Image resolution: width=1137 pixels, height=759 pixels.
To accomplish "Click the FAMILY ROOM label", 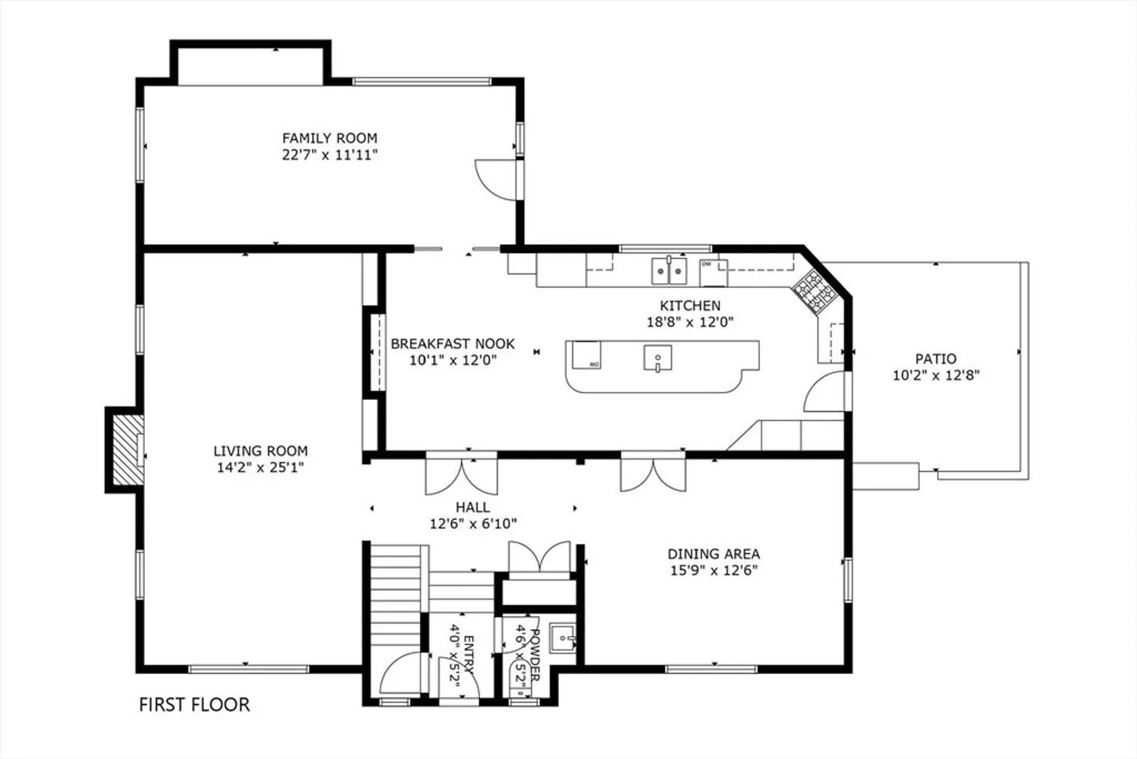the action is pos(329,138).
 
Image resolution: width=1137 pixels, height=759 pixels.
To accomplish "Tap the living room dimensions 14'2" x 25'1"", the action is pos(260,467).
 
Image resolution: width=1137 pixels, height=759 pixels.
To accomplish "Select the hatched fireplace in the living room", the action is pos(127,450).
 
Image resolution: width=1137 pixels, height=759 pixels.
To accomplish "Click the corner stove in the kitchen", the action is pos(815,291).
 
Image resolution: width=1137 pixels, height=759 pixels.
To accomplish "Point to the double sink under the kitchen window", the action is pos(669,271).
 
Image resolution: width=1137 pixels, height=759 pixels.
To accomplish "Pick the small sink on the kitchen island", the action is pos(658,358).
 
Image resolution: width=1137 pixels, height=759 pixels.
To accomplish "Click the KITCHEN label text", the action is pos(690,306).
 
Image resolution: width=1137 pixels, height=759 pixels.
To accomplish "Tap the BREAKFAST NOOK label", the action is pos(453,344).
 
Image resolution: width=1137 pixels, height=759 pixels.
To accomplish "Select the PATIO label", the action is pos(936,358).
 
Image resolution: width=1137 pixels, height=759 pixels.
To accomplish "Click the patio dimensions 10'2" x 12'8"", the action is pos(936,375).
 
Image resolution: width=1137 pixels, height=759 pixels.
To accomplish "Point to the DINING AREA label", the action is pos(714,554).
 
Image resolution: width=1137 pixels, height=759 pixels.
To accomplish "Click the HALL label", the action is pos(473,507).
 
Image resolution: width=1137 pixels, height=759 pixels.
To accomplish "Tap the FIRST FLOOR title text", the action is pos(194,705).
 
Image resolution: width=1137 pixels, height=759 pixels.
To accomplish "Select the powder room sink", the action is pos(563,639).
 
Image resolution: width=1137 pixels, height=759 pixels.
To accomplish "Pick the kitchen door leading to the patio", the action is pos(825,391).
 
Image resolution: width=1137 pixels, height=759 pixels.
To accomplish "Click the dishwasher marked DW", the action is pos(713,273).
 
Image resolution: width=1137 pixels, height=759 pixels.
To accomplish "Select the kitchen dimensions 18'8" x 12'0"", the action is pos(690,322).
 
